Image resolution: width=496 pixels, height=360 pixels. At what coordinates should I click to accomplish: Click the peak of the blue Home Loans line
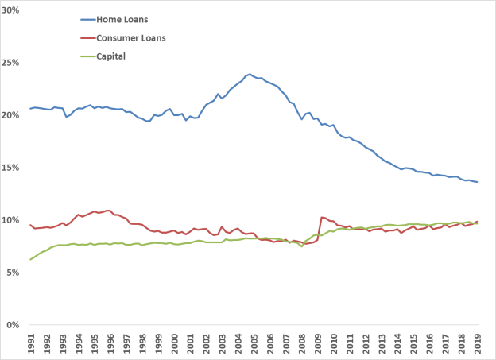pos(250,74)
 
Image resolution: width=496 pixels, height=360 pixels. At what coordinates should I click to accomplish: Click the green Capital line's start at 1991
pos(31,259)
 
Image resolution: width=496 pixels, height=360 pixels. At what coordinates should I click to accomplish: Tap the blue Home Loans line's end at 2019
pos(477,182)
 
